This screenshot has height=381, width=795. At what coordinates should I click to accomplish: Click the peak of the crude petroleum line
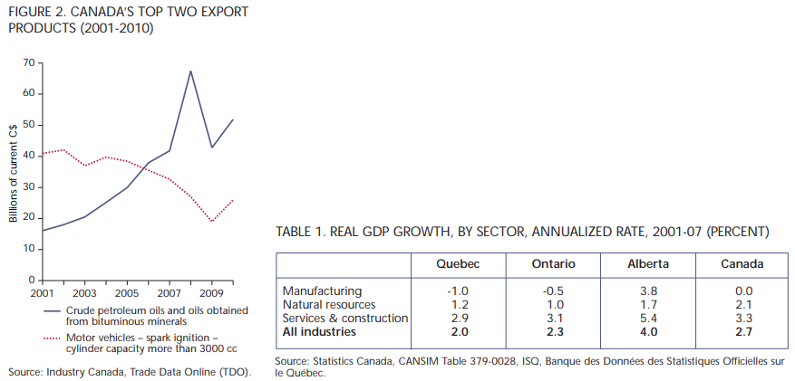point(190,71)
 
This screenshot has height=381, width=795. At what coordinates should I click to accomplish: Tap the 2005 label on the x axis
point(127,295)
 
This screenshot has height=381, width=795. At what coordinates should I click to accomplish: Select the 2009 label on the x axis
point(211,295)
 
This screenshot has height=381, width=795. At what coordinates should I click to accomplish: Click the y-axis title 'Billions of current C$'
point(14,171)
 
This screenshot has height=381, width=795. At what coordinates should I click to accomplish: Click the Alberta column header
point(648,264)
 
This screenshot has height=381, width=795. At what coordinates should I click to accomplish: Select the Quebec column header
point(457,264)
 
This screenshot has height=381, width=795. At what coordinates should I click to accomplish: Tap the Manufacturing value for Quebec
point(457,291)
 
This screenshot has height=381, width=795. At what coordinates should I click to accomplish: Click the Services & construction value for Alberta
point(648,319)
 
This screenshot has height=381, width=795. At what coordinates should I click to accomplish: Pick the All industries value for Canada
point(744,332)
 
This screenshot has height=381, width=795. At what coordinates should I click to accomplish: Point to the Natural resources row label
point(330,305)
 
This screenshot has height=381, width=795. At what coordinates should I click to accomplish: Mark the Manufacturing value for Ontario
point(552,291)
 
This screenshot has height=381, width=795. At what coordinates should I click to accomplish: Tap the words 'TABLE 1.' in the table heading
point(304,233)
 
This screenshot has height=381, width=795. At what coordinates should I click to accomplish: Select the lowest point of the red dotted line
point(212,221)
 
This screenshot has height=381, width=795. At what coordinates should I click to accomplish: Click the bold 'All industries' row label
point(320,332)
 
